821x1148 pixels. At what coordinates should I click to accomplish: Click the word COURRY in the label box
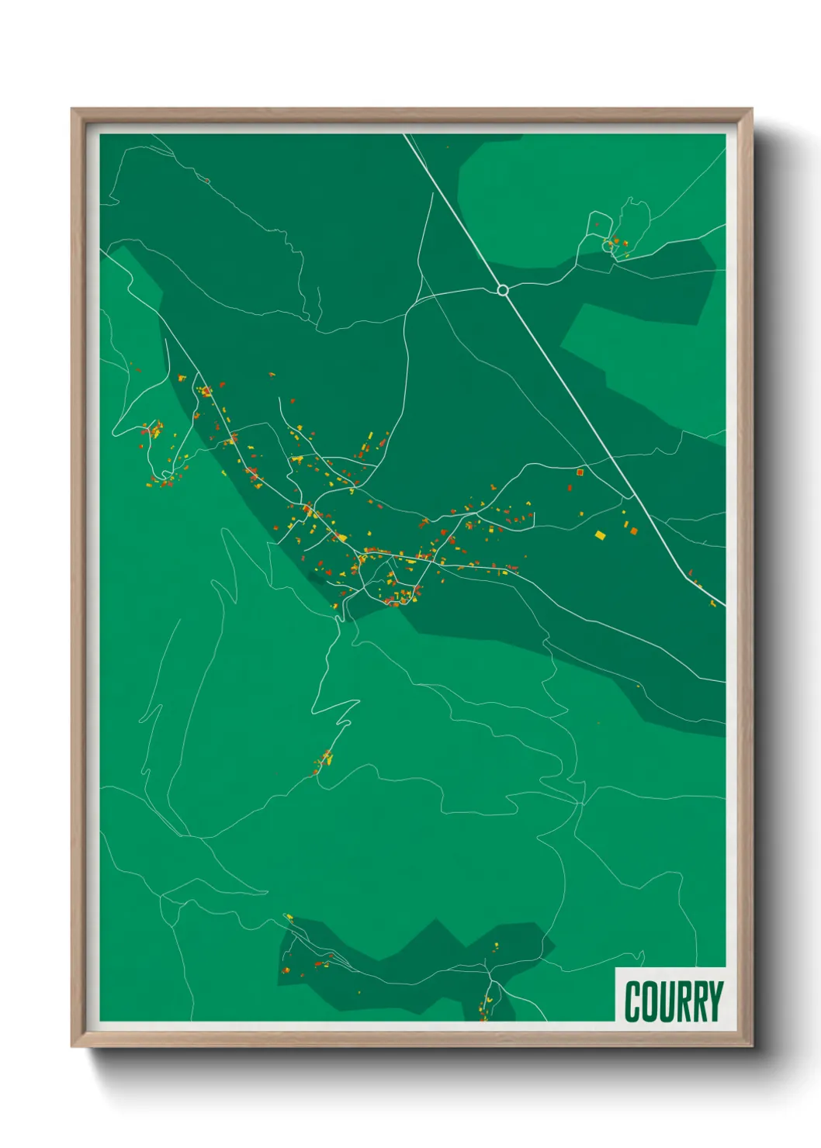point(673,1001)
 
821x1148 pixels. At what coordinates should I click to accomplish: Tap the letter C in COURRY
point(632,1001)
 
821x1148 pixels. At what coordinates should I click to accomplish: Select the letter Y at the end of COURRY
point(715,1001)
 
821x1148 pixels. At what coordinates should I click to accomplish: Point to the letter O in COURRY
point(649,1001)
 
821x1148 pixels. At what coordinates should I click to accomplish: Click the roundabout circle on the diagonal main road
point(502,290)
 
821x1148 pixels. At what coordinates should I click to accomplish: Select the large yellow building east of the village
point(599,534)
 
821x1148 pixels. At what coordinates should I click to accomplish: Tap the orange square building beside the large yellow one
point(632,531)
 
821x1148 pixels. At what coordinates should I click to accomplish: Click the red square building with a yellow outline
point(580,471)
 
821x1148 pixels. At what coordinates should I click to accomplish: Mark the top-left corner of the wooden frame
point(72,109)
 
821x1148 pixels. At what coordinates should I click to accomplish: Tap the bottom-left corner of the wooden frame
point(72,1046)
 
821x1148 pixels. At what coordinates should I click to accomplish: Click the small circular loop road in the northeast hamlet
point(607,246)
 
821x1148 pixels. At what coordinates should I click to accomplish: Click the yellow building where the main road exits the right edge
point(713,603)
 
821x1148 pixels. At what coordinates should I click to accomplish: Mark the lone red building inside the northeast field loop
point(597,225)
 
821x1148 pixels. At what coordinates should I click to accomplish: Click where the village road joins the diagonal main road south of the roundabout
point(632,496)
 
